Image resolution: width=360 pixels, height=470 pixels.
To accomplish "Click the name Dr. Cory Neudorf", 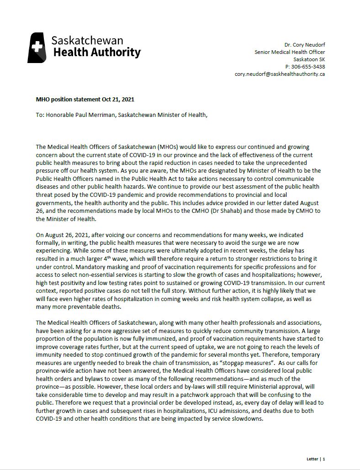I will pos(304,45).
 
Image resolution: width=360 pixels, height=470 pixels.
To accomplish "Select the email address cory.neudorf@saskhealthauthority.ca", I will pos(280,74).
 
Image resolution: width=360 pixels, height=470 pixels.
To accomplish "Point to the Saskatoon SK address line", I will pos(309,59).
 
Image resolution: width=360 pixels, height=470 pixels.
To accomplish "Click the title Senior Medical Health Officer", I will pos(290,52).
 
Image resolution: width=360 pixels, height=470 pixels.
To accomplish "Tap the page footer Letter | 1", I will pos(316,459).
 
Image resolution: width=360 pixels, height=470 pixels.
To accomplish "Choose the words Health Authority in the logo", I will pos(97,52).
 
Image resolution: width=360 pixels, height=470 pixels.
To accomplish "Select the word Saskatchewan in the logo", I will pos(87,40).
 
